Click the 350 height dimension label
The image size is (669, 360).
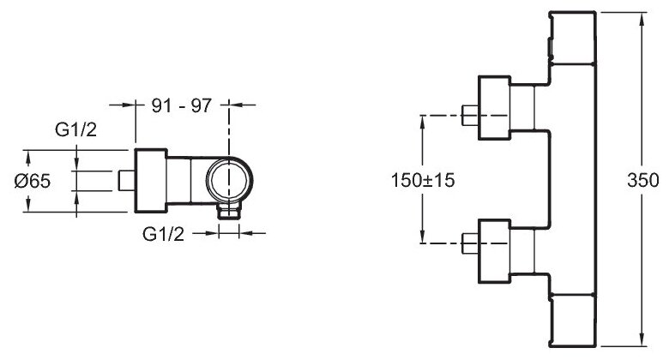642,180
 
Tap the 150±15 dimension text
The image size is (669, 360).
423,180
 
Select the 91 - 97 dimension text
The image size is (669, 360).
182,105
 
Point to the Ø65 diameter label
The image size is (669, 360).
33,181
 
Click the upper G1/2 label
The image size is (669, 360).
76,129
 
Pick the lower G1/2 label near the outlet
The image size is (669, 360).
164,234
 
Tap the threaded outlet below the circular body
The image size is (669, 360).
230,211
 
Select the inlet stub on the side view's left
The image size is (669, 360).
127,180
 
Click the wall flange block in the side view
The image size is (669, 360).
151,180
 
